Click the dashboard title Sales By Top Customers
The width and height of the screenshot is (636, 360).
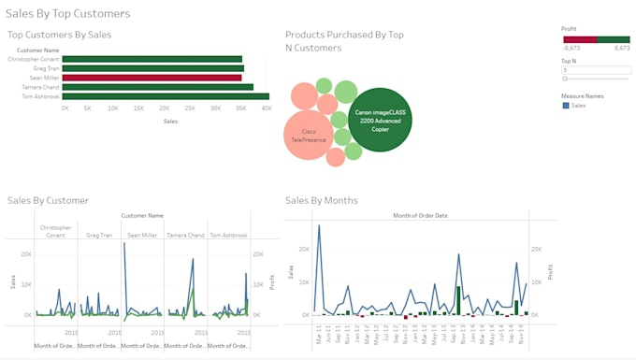68,14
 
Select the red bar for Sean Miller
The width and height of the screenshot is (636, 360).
152,78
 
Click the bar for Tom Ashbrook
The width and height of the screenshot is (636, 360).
166,96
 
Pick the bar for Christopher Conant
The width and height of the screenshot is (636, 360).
152,59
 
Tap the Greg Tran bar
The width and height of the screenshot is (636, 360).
153,68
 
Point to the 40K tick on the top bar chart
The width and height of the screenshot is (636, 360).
265,108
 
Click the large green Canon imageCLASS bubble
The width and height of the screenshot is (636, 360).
381,119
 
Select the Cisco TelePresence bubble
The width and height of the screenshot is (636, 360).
309,136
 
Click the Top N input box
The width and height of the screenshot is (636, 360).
595,70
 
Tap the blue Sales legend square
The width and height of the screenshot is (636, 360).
565,106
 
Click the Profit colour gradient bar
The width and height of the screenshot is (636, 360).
595,39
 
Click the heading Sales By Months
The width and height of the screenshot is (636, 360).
321,200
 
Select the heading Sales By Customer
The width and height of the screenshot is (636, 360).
48,200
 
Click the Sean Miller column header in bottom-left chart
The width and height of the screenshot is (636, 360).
142,236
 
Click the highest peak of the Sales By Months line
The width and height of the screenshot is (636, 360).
319,225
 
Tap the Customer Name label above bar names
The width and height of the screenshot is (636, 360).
38,50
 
